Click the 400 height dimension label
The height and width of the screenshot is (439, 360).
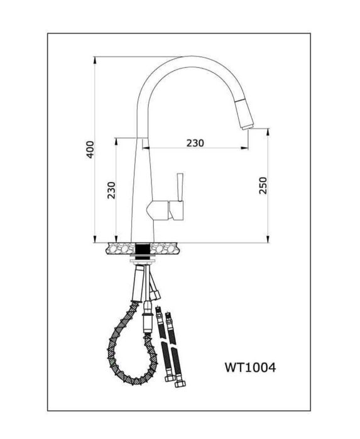click(x=90, y=149)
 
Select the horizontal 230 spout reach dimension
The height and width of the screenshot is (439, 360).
click(x=195, y=143)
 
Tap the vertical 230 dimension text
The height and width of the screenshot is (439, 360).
click(x=112, y=190)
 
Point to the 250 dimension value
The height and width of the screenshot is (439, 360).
click(x=263, y=185)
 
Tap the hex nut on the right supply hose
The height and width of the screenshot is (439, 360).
click(x=170, y=377)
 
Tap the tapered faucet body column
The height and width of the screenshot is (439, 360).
click(x=141, y=188)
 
